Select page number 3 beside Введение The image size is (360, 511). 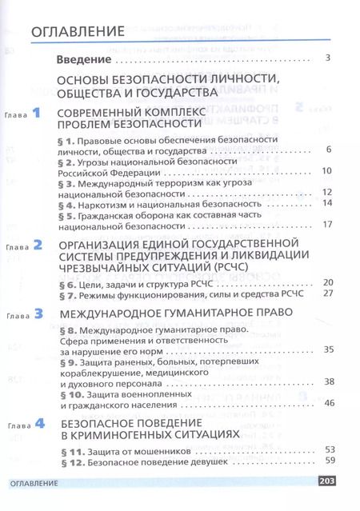tap(328, 58)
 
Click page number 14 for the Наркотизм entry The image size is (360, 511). tap(326, 203)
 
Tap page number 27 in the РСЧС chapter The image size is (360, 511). tap(326, 293)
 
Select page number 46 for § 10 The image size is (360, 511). tap(326, 404)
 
